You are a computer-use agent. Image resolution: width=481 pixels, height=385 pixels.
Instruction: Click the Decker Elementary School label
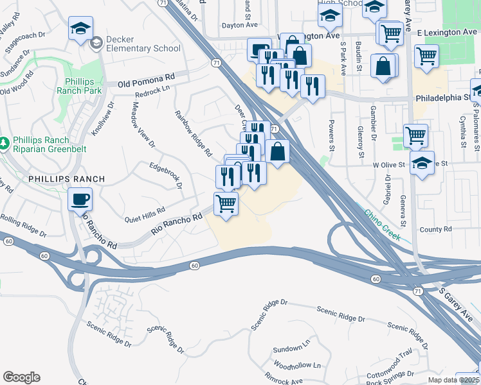[x=143, y=44]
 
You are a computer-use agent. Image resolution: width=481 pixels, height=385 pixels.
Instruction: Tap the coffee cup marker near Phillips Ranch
[x=80, y=199]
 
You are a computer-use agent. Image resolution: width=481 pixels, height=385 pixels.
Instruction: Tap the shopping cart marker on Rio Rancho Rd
[x=226, y=204]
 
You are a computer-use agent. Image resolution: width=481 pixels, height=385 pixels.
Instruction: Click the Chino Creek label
[x=383, y=225]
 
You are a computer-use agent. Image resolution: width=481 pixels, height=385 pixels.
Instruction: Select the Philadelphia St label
[x=444, y=98]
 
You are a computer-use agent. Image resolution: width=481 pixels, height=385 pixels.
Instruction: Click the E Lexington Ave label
[x=446, y=31]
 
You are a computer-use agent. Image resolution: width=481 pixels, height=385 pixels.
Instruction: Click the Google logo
[x=21, y=377]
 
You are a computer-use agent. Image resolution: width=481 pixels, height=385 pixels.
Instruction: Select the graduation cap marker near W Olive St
[x=422, y=164]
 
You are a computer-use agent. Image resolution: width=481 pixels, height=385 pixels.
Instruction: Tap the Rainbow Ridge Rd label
[x=194, y=133]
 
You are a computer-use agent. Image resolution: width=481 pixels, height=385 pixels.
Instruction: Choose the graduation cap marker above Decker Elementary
[x=81, y=28]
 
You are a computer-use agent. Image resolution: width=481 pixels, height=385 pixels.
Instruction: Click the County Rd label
[x=436, y=229]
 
